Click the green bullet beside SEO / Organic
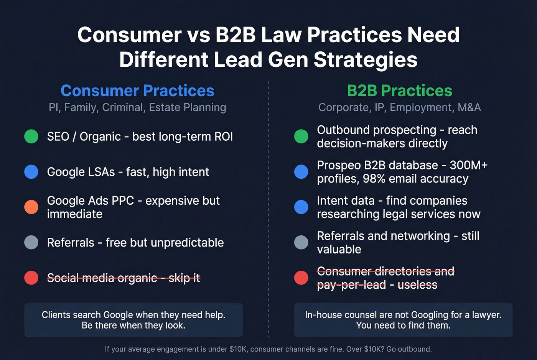[x=31, y=136]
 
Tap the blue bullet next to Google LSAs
[x=31, y=171]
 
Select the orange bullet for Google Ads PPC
[x=31, y=207]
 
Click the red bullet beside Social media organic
[x=31, y=278]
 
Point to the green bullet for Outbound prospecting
[x=301, y=136]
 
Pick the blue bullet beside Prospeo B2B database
[x=301, y=171]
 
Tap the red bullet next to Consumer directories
[x=301, y=278]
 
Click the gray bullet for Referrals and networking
[x=301, y=242]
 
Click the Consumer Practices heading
[x=137, y=91]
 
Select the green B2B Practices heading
[x=399, y=91]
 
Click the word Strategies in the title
[x=365, y=60]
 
